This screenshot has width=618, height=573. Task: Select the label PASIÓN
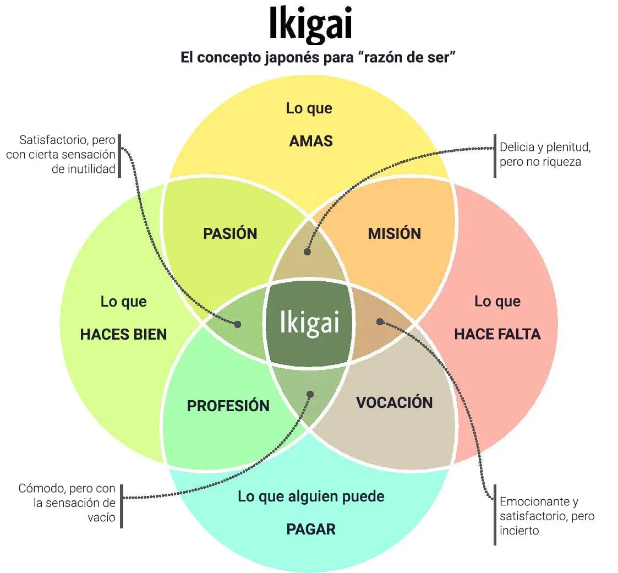tap(230, 233)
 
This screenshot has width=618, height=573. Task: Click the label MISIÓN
tap(394, 233)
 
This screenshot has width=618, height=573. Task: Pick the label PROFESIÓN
tap(228, 406)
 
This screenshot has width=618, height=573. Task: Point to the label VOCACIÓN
tap(394, 402)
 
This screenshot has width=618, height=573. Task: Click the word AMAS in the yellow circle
tap(311, 141)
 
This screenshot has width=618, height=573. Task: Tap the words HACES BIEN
tap(123, 334)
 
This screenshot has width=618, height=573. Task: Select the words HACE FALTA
tap(497, 334)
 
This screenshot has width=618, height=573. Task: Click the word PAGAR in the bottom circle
tap(311, 530)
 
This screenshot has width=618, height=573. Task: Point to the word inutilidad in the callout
tap(84, 169)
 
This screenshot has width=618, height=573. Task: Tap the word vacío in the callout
tap(102, 517)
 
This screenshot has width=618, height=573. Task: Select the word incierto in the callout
tap(519, 531)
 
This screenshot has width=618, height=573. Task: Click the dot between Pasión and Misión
tap(307, 252)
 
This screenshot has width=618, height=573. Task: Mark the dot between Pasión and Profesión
tap(238, 324)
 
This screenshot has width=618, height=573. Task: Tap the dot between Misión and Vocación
tap(380, 321)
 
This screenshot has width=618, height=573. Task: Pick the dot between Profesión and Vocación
tap(310, 394)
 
